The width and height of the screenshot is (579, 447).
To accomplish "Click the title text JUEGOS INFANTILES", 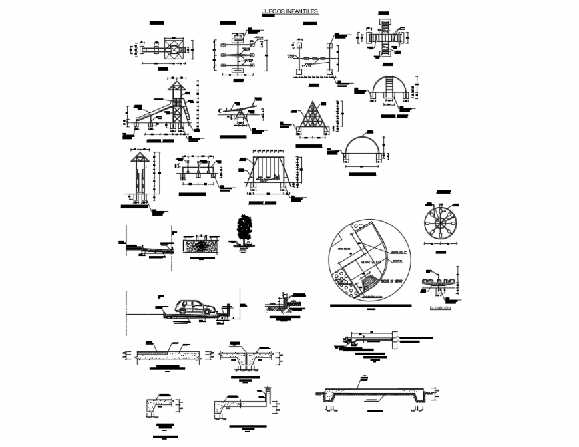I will pyautogui.click(x=290, y=11).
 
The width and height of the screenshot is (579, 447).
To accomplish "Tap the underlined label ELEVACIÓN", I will pyautogui.click(x=441, y=308).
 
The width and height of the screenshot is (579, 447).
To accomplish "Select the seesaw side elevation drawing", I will pyautogui.click(x=238, y=114).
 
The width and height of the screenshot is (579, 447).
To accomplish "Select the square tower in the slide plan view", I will pyautogui.click(x=174, y=49).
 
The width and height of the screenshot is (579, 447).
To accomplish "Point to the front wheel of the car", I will pyautogui.click(x=208, y=311).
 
